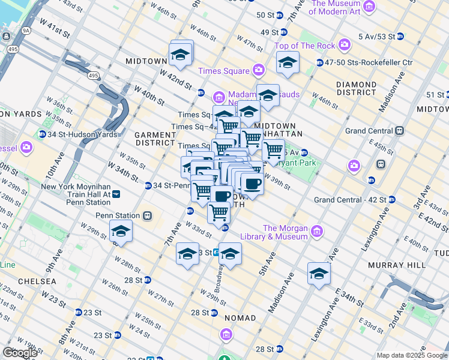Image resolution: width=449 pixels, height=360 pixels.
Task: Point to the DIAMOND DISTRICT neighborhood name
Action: [356, 88]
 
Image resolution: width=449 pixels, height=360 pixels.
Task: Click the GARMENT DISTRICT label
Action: [154, 139]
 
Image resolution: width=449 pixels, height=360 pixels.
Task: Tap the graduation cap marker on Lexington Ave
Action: [319, 273]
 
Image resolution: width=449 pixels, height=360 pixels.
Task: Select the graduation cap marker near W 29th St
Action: [121, 231]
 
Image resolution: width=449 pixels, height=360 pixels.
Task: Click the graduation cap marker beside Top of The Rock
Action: [288, 62]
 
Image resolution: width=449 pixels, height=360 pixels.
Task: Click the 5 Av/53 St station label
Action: [376, 37]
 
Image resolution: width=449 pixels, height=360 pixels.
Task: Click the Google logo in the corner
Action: [20, 352]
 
